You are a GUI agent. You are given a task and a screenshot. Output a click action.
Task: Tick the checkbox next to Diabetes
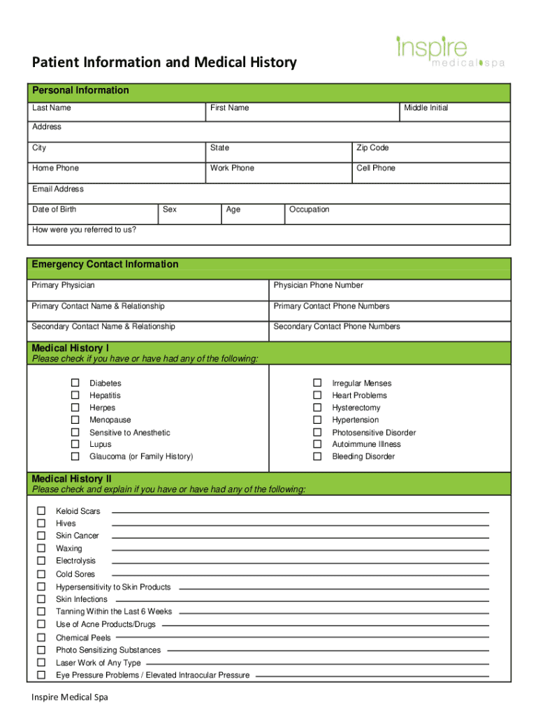tap(75, 383)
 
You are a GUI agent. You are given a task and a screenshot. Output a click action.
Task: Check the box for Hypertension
tap(317, 420)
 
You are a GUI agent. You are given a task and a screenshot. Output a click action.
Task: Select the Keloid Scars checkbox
tap(41, 511)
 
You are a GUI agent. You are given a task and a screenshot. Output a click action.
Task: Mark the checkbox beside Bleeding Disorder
tap(317, 457)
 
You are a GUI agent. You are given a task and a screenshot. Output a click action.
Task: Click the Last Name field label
tap(51, 108)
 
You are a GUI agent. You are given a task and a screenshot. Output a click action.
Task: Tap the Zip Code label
tap(372, 148)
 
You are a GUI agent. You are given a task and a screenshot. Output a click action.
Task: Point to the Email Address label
tap(57, 189)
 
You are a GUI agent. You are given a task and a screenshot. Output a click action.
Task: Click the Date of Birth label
tap(54, 209)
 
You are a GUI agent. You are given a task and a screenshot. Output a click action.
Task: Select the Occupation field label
tap(309, 209)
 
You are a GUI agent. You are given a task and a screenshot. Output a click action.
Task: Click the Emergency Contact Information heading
tap(105, 265)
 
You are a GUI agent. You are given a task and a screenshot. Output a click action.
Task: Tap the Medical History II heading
tap(71, 479)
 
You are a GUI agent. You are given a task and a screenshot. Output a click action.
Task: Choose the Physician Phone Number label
tap(318, 286)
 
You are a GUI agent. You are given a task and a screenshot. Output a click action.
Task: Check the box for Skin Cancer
tap(41, 536)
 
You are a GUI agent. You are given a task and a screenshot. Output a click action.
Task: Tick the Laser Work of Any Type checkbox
tap(41, 663)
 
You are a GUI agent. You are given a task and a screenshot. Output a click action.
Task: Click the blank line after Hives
tap(300, 524)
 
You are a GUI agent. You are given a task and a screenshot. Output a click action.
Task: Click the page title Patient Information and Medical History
tap(164, 63)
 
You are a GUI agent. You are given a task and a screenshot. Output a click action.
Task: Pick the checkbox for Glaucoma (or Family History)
tap(75, 457)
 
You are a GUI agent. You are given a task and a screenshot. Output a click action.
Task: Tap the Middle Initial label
tap(426, 108)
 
